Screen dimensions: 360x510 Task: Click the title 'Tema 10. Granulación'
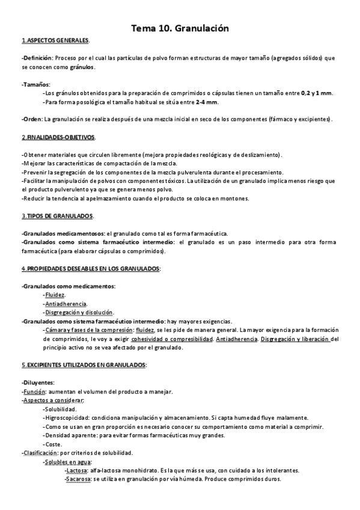pos(180,28)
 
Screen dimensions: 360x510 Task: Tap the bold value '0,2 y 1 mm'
pos(317,93)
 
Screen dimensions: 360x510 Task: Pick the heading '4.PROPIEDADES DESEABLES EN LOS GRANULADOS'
pos(90,268)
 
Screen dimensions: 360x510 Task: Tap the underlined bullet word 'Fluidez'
pos(55,295)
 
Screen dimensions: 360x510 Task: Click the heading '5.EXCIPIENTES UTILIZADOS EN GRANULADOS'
pos(84,365)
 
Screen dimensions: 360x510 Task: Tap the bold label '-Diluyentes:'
pos(37,382)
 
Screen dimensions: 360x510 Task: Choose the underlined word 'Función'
pos(35,392)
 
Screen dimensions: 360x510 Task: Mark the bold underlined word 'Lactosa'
pos(76,470)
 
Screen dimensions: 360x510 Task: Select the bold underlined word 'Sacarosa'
pos(78,479)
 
